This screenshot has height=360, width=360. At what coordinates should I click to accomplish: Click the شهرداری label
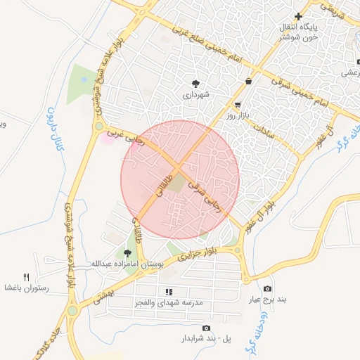[197, 94]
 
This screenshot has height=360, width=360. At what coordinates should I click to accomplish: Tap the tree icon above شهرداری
[196, 83]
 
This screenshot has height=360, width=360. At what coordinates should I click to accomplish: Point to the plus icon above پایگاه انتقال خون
[298, 16]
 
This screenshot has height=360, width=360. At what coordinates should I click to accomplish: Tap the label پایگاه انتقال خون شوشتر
[301, 32]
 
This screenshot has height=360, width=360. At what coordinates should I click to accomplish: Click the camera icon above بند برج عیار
[267, 289]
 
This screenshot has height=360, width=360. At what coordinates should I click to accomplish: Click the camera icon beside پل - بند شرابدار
[206, 328]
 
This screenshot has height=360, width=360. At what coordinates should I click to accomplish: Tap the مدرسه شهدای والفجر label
[169, 302]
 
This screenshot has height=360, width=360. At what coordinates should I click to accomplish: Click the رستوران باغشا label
[25, 288]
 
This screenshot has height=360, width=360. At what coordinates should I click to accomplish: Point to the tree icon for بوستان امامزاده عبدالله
[127, 253]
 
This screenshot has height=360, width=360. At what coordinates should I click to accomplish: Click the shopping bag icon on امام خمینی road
[249, 81]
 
